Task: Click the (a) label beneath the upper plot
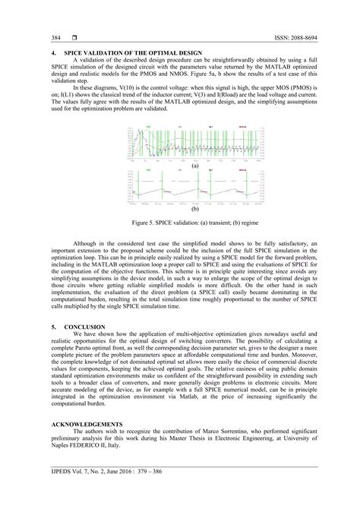click(195, 165)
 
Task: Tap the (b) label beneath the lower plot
click(195, 207)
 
